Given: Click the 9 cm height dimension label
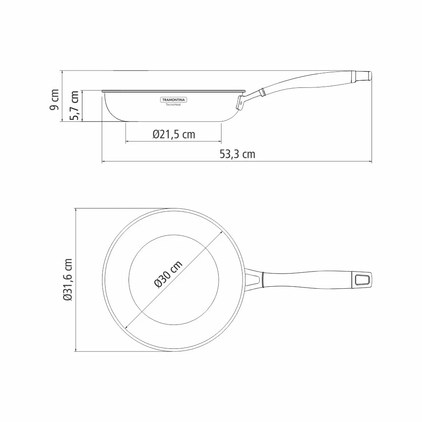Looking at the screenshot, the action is coord(54,100).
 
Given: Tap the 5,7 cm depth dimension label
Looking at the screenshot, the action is coord(74,105).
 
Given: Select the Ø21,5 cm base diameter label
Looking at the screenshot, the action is coord(174,135).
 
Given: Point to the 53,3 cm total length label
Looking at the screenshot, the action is coord(237,154).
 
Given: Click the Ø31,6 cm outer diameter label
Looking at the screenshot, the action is coord(68,280).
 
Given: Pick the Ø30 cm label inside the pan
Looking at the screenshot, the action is coord(169,274).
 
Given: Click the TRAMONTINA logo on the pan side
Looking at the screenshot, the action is coord(174,100).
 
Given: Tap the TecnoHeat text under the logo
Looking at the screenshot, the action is coord(173,105).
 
